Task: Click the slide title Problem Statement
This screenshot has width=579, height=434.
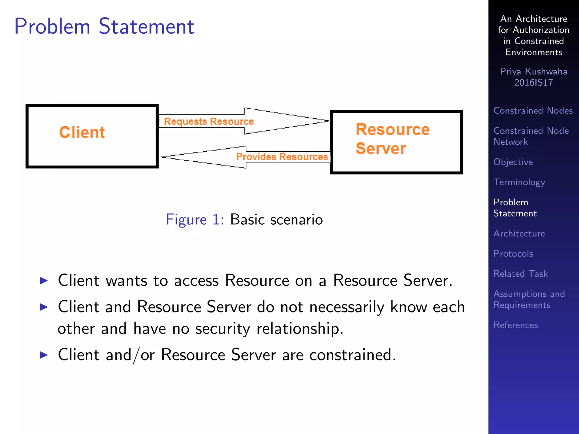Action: point(104,26)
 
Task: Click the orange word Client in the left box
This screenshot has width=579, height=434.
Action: point(82,132)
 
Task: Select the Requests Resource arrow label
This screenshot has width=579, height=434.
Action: point(209,121)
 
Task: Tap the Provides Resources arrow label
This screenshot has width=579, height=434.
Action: point(282,157)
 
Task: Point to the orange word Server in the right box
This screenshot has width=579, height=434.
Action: point(381,149)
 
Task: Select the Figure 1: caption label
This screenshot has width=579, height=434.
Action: point(195,220)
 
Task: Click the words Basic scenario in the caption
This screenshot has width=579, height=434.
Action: point(276,220)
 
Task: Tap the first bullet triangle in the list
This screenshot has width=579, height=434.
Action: point(44,281)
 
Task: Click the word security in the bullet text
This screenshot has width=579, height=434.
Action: point(222,329)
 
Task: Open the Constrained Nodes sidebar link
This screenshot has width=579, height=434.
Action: point(533,110)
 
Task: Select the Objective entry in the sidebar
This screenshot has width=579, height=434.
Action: point(513,162)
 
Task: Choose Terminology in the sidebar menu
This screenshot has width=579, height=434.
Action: point(519,182)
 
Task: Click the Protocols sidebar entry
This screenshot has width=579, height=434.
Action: point(513,253)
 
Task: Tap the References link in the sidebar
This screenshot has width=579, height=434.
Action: point(515,325)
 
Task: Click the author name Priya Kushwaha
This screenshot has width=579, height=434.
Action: point(533,71)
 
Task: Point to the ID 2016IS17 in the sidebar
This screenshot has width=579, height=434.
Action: point(533,83)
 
